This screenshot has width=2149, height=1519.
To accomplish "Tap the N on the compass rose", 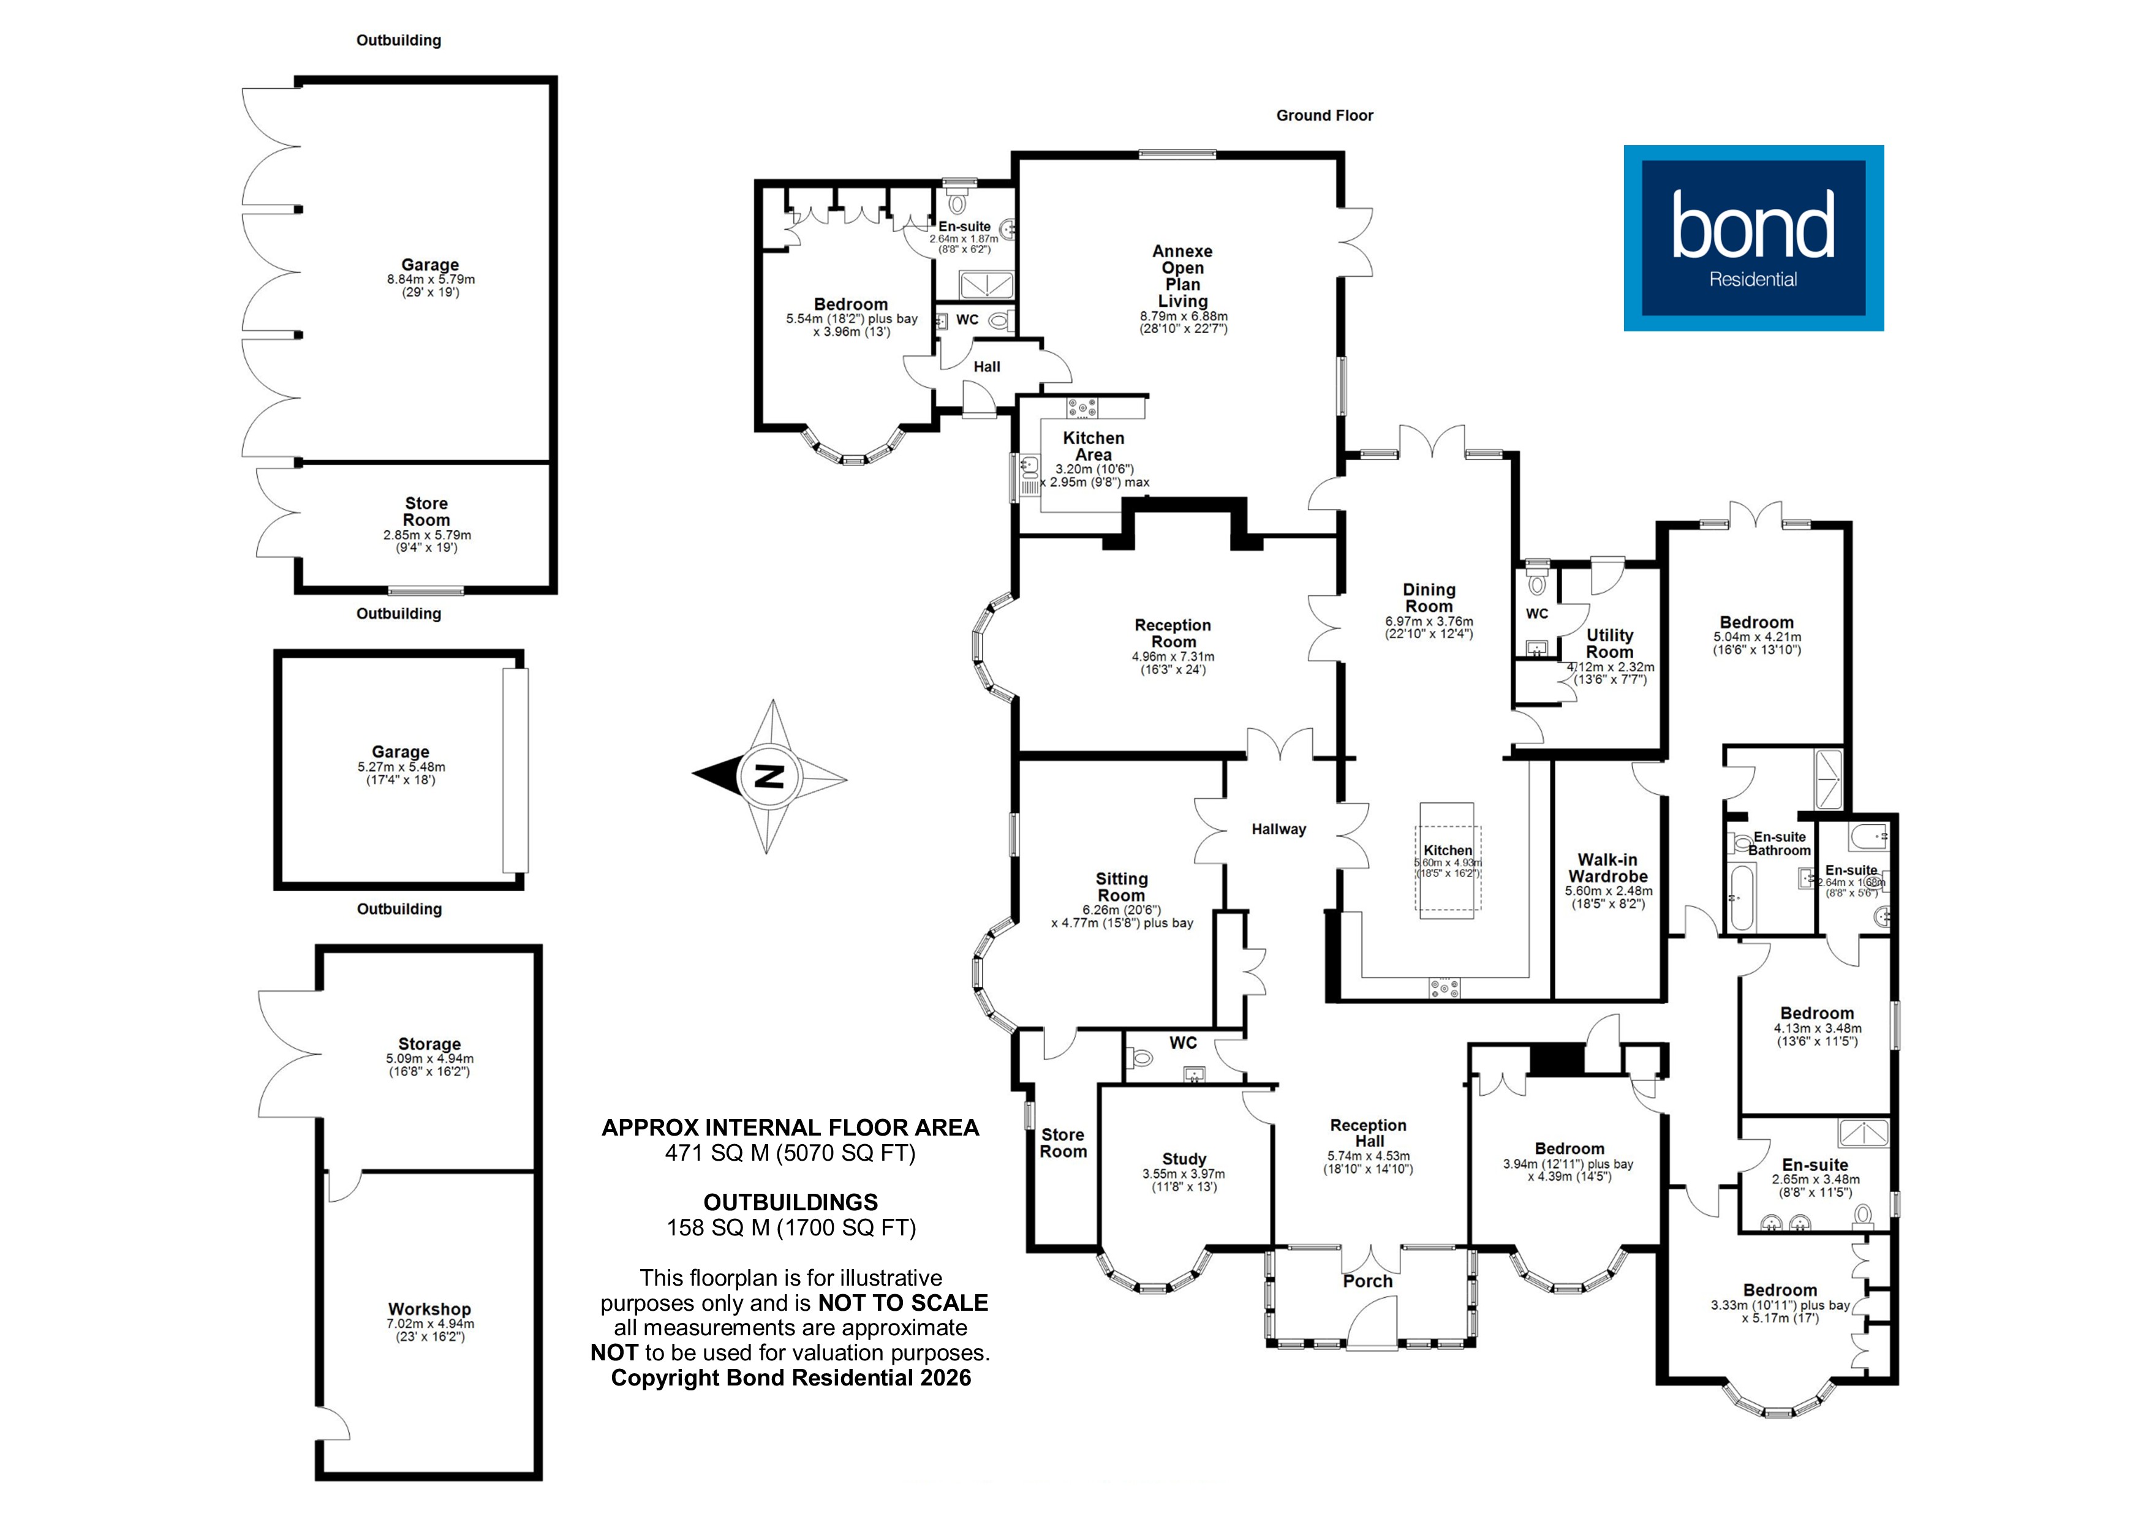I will click(x=769, y=777).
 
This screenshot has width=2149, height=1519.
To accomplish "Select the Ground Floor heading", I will click(x=1324, y=115).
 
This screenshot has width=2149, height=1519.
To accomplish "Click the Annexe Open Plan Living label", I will click(x=1182, y=276).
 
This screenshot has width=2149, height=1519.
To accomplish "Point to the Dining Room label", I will click(x=1429, y=598).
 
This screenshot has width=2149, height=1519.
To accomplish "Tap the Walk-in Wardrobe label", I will click(x=1608, y=867).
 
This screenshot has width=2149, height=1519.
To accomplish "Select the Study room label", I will click(x=1184, y=1159).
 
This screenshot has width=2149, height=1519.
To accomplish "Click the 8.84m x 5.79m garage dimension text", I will click(x=431, y=279).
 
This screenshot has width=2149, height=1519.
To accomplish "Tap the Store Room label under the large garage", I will click(x=426, y=511).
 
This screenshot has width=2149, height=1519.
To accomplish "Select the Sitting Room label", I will click(x=1121, y=886).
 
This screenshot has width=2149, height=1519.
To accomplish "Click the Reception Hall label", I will click(x=1369, y=1133).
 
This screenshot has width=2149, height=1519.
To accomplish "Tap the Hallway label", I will click(x=1278, y=829).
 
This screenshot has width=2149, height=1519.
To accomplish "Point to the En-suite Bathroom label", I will click(x=1778, y=843).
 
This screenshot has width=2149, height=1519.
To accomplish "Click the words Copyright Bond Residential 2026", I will click(x=791, y=1378).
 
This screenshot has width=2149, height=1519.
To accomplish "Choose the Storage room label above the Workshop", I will click(x=429, y=1044).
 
